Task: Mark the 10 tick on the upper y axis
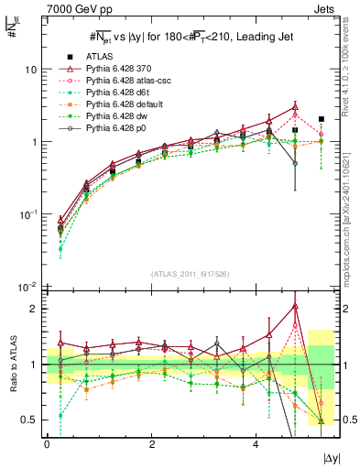pyautogui.click(x=30, y=70)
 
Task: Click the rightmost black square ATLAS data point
pyautogui.click(x=321, y=119)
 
